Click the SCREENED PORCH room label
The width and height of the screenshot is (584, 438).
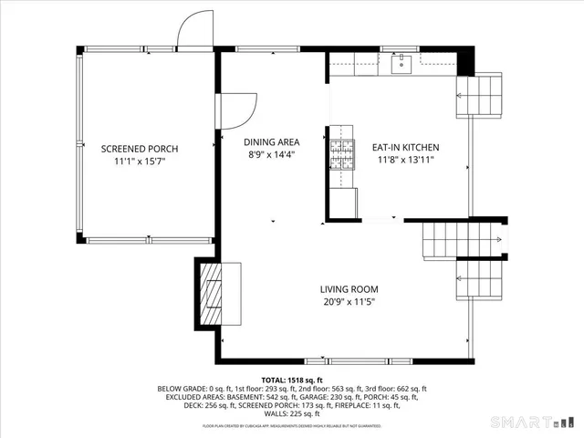point(140,149)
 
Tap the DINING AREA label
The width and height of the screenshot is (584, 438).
point(272,142)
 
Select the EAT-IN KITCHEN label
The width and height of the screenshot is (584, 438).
point(405,147)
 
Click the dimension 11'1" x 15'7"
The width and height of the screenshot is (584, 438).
point(140,162)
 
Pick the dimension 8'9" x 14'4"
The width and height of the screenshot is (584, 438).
point(272,155)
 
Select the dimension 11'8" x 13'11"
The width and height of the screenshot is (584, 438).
point(405,160)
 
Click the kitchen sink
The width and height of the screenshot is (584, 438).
point(401,64)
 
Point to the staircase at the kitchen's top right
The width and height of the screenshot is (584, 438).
point(480,94)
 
